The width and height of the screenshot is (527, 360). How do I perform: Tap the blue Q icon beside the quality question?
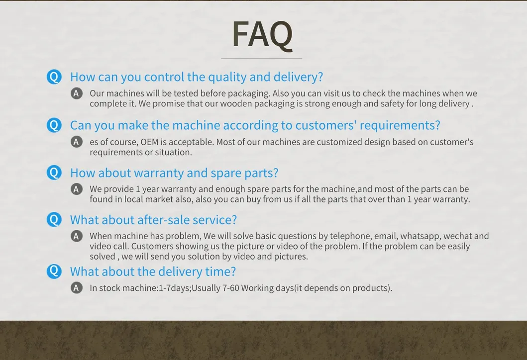coord(54,77)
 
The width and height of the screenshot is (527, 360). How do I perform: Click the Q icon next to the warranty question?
coord(54,173)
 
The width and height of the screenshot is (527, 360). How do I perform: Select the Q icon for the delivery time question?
coord(54,271)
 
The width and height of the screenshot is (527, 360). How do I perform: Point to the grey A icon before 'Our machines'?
coord(77,93)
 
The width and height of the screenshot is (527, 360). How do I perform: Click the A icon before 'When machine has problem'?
coord(77,236)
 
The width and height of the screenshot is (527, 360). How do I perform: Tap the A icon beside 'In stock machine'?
coord(77,288)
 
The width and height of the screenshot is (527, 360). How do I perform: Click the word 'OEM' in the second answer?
coord(149,142)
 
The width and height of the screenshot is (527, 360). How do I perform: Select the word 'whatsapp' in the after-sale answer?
coord(420,236)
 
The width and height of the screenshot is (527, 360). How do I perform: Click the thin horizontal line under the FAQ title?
coord(261,59)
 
